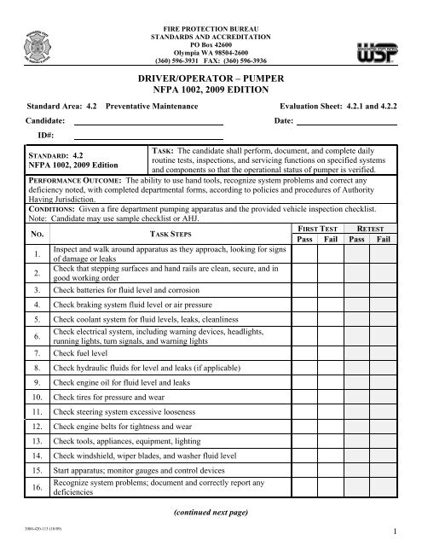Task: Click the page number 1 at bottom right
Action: pyautogui.click(x=397, y=533)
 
